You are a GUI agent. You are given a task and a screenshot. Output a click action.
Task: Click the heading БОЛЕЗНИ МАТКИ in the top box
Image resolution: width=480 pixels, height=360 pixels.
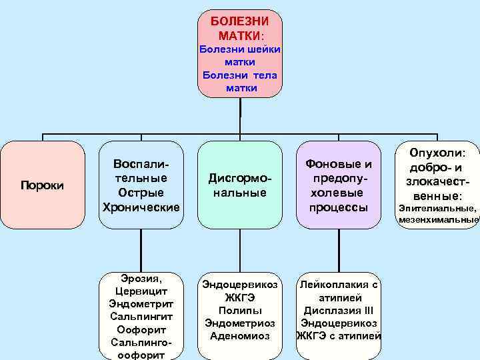coord(240,27)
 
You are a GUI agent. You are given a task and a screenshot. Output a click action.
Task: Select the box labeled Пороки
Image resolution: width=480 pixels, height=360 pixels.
coord(42,185)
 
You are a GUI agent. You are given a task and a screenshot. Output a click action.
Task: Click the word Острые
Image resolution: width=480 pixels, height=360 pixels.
coord(140,193)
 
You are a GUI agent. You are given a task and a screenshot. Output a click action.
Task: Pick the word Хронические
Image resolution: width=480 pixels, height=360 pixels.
coord(140,207)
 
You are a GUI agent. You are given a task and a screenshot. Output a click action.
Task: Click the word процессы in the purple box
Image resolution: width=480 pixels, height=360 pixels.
coord(338,207)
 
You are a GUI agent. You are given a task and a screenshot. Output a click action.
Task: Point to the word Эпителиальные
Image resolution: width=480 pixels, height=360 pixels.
coord(437,209)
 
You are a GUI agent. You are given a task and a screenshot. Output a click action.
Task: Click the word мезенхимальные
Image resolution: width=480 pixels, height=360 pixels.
coord(438,219)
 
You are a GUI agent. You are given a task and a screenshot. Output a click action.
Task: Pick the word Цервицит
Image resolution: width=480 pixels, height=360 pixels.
coord(140,291)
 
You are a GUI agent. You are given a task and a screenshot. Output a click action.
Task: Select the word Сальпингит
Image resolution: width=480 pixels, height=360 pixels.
coord(140,317)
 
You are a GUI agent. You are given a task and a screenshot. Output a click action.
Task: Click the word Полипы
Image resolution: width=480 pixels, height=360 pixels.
coord(240,311)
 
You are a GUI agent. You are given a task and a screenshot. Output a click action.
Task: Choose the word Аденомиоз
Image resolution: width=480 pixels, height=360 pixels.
coord(240,336)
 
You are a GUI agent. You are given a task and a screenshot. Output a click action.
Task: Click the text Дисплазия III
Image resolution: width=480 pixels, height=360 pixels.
coord(339,310)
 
